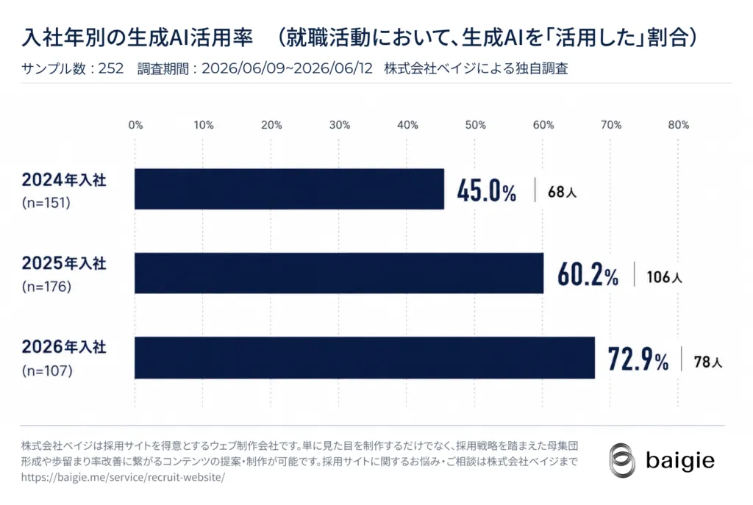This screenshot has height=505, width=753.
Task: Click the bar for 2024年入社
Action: [x=289, y=189]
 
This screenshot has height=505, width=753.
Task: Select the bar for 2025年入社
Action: [x=339, y=273]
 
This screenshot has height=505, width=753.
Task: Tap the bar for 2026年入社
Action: [x=365, y=358]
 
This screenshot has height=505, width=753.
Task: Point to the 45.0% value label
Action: [x=487, y=190]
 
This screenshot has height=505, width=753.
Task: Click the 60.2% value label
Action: [x=588, y=275]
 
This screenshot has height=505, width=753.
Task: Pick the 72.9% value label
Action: [x=638, y=359]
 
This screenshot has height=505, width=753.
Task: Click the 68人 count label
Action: [x=562, y=192]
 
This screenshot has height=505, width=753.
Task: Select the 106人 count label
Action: [x=664, y=277]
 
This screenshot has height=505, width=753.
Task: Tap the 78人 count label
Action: [x=708, y=362]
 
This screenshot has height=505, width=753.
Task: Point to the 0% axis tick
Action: [x=135, y=125]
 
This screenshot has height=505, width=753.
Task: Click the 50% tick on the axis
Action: [x=476, y=125]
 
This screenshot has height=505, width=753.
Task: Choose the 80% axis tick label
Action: [x=679, y=125]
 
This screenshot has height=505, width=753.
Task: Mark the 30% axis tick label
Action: [x=340, y=125]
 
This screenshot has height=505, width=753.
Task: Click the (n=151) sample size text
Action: [x=46, y=203]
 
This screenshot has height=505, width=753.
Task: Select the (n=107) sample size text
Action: [x=47, y=370]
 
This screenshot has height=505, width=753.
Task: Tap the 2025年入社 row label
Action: [x=64, y=263]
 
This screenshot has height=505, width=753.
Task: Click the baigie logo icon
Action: [x=622, y=460]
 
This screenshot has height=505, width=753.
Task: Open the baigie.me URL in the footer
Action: [x=123, y=477]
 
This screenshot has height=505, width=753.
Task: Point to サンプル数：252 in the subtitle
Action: [x=73, y=68]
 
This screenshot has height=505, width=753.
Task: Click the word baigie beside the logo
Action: [x=680, y=461]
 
